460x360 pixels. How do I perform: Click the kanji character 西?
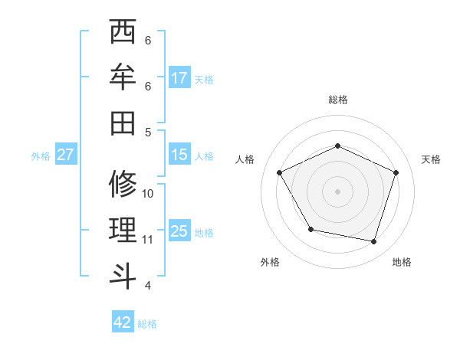coord(123,33)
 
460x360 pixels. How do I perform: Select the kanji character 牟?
coord(123,77)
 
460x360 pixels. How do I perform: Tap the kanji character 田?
coord(123,122)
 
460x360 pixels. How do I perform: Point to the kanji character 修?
coord(123,184)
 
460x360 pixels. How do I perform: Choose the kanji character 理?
coord(123,229)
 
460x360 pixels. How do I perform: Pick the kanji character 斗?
coord(123,273)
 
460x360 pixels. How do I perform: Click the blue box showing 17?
coord(179,78)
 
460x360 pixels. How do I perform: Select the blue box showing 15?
coord(179,155)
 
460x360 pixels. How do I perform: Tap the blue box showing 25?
coord(179,231)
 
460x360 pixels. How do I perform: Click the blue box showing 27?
coord(65,155)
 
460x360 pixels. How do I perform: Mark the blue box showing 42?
coord(123,322)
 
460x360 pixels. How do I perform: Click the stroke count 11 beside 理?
coord(148,240)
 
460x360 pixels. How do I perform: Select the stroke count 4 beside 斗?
coord(147,286)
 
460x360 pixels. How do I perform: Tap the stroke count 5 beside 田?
coord(147,132)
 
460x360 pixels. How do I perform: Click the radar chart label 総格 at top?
coord(337,100)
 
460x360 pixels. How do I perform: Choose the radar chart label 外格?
coord(270,262)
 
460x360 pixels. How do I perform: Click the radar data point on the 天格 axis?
coord(396,172)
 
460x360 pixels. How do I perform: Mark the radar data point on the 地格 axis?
coord(373,241)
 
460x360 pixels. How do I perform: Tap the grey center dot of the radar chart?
coord(337,191)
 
